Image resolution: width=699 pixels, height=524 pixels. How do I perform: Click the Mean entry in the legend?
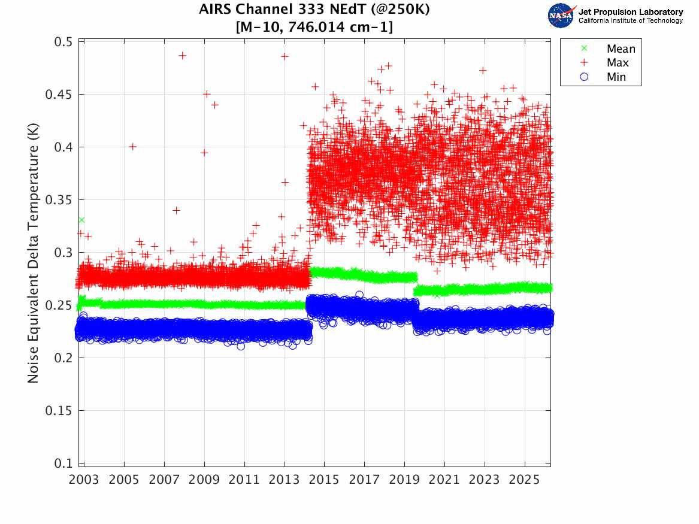tap(621, 49)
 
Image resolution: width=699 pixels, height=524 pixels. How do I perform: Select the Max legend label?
tap(618, 63)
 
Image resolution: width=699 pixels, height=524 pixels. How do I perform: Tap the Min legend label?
tap(616, 77)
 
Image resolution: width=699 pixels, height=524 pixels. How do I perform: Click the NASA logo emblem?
tap(561, 16)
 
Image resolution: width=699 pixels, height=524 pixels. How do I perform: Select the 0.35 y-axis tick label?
tap(61, 200)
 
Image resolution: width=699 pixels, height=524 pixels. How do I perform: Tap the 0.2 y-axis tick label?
tap(64, 358)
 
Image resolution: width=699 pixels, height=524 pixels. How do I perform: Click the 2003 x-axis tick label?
tap(84, 480)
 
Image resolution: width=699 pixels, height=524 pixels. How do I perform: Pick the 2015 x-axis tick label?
tap(325, 480)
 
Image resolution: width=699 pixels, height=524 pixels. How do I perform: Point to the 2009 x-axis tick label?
tap(204, 480)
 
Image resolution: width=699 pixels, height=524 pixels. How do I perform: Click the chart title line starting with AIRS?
tap(314, 10)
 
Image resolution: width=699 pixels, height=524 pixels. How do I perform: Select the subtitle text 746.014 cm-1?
tap(335, 27)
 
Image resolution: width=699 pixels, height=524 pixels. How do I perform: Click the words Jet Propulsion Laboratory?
tap(630, 12)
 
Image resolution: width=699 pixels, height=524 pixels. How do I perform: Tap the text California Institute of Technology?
tap(630, 21)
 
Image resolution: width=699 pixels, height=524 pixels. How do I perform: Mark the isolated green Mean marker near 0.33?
tap(81, 220)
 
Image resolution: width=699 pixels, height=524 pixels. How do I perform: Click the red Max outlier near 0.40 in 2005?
tap(133, 147)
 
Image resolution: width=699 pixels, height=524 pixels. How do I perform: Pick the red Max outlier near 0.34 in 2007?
tap(176, 210)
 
